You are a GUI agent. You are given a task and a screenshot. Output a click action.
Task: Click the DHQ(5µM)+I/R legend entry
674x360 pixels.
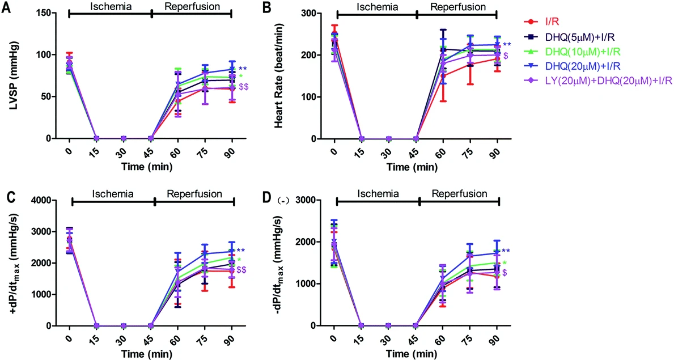574,36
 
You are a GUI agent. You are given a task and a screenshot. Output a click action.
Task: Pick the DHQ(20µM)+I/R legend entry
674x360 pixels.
575,66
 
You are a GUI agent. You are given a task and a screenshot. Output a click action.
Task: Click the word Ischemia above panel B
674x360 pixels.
376,7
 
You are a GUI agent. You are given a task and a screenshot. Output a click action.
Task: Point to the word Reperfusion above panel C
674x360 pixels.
194,194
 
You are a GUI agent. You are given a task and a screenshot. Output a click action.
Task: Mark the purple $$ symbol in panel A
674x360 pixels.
244,87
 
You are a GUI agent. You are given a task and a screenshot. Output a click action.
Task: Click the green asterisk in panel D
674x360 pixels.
505,263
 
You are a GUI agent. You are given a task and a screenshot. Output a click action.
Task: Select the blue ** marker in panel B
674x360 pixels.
507,45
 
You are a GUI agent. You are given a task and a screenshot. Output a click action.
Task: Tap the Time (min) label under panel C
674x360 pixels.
147,354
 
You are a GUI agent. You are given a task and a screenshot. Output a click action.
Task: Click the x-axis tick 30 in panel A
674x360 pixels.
123,153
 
